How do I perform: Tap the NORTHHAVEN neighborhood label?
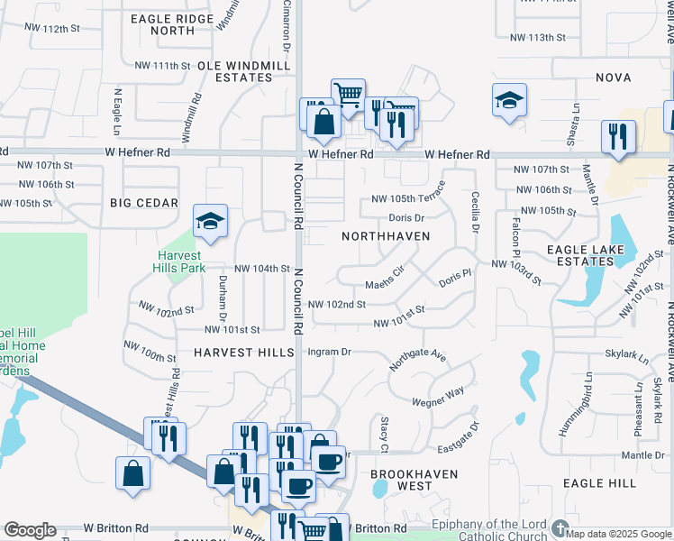coord(385,236)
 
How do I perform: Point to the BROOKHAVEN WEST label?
coord(414,480)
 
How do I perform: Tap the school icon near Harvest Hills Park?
coord(210,222)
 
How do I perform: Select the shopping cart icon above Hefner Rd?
coord(347,93)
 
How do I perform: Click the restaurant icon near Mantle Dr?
coord(618,136)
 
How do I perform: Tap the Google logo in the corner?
coord(30,530)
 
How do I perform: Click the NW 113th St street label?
coord(537,37)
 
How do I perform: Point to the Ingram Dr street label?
coord(329,352)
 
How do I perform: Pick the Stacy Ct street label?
coord(384,435)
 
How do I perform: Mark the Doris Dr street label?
coord(406,218)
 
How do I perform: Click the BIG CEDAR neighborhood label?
coord(144,203)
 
